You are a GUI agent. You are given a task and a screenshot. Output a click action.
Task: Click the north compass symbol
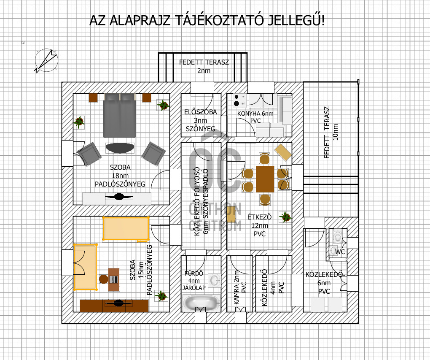pos(46,60)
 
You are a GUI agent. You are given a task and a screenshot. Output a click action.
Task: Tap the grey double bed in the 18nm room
pos(120,115)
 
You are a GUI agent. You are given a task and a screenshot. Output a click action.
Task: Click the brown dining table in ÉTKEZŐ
pos(265,179)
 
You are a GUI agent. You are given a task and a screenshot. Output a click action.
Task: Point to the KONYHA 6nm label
pos(255,114)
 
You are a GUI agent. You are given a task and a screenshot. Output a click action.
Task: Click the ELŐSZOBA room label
pos(201,112)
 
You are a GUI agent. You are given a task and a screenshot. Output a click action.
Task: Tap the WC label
pos(340,252)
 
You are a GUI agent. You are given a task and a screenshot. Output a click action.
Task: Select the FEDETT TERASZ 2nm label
pos(204,66)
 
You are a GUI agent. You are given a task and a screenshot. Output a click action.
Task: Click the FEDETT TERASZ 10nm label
pos(331,133)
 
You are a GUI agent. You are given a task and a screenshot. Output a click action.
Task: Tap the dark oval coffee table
pos(120,148)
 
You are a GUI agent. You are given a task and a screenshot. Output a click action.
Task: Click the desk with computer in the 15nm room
pos(114,279)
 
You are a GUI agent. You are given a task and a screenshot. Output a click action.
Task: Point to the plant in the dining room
pos(285,217)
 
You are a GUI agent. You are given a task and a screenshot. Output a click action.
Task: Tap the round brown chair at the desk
pos(104,279)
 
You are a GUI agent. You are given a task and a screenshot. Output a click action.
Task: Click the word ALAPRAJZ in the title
pos(140,21)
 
